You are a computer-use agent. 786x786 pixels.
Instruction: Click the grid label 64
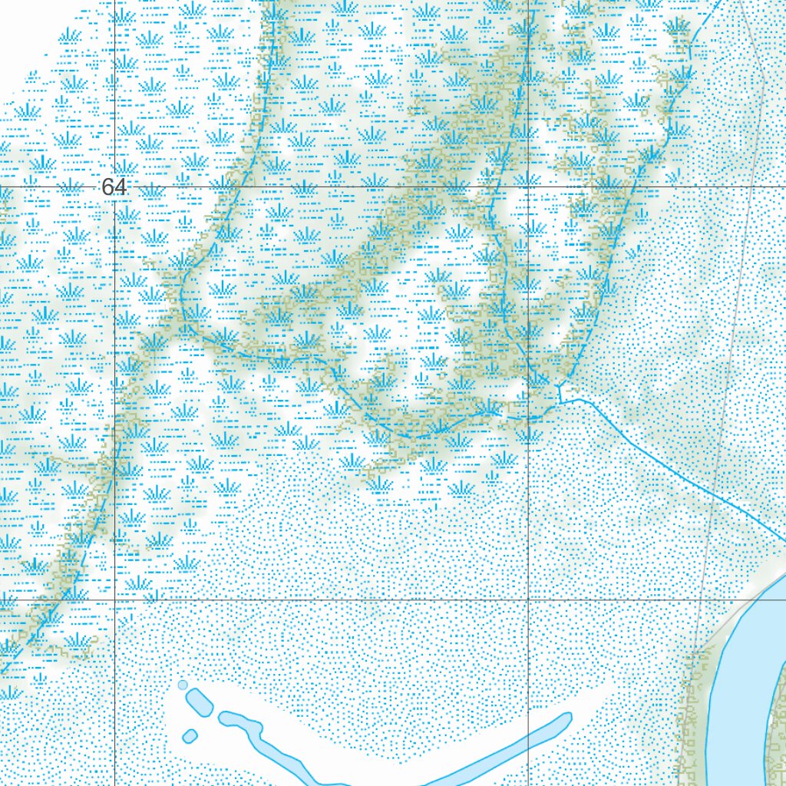(x=114, y=187)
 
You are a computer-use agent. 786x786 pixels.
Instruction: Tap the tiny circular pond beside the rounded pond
(x=182, y=684)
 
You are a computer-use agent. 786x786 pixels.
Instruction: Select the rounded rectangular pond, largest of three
(x=198, y=701)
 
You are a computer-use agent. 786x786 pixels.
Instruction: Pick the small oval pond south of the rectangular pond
(x=190, y=736)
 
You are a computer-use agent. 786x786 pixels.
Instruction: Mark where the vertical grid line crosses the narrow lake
(x=529, y=740)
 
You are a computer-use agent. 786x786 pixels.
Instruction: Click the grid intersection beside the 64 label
(x=115, y=187)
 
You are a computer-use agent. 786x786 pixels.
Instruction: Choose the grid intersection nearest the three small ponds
(x=115, y=599)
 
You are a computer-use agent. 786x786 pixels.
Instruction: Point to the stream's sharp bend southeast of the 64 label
(x=182, y=296)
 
